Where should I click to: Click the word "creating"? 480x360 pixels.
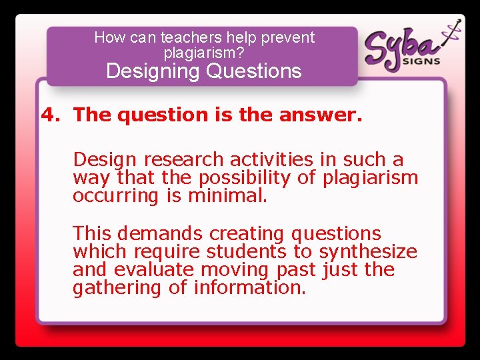247,234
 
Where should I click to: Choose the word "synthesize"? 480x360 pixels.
368,252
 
